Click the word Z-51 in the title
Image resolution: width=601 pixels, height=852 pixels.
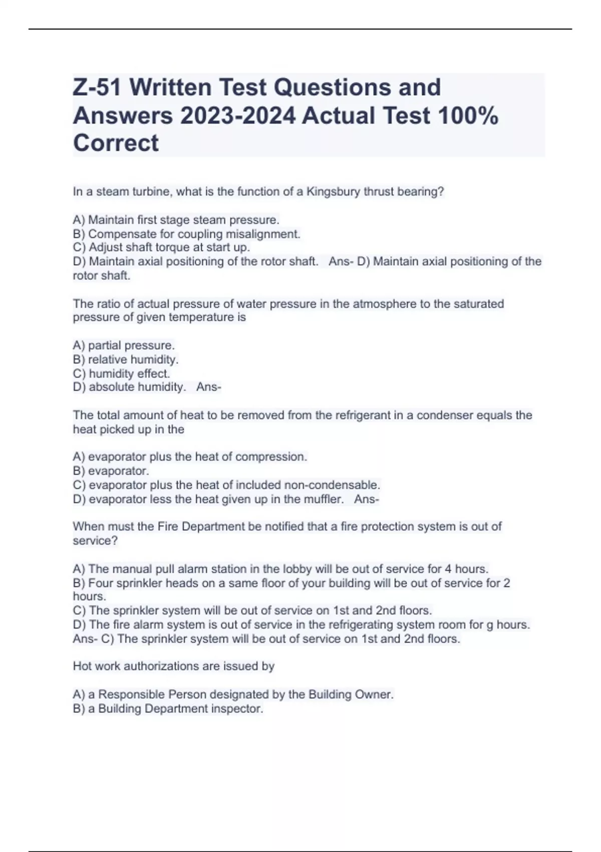(x=97, y=87)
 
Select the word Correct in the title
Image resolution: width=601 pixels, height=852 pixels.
(x=116, y=143)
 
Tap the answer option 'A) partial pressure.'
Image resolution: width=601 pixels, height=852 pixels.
(x=124, y=346)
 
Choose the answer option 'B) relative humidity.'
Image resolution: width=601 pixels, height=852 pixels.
(x=126, y=360)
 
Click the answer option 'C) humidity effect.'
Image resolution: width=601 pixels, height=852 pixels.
(x=122, y=374)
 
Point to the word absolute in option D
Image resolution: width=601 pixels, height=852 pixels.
(x=112, y=387)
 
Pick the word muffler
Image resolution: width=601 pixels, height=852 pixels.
(x=324, y=499)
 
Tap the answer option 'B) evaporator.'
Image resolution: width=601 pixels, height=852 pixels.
(x=111, y=471)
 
